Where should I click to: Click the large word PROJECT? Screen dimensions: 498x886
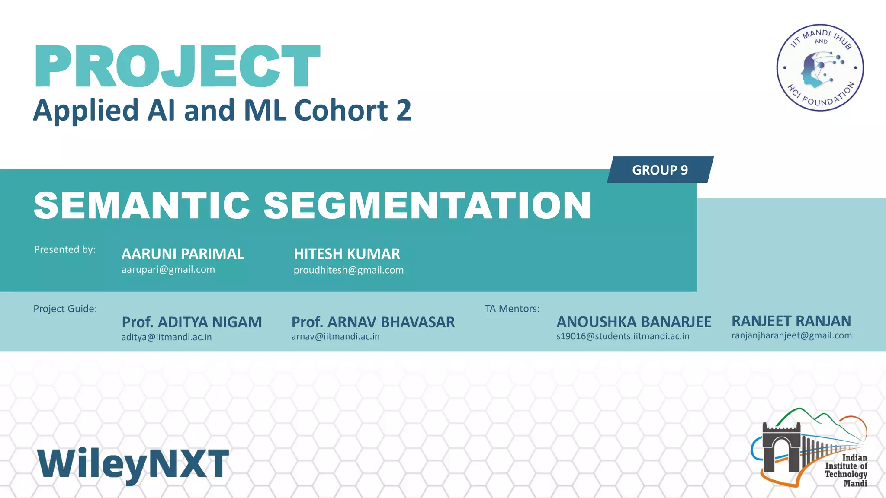177,67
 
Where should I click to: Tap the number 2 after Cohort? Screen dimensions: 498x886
403,110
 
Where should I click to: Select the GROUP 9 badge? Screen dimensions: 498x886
660,170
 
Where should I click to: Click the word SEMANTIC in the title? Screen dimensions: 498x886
142,205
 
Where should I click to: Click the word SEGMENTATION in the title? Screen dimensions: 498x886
427,205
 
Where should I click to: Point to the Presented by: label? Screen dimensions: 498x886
65,249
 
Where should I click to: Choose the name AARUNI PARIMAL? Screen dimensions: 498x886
183,254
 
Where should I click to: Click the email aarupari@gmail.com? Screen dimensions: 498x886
168,270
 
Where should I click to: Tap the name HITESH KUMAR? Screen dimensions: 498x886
347,254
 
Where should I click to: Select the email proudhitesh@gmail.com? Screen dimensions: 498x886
348,270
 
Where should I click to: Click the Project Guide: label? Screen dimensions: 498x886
65,309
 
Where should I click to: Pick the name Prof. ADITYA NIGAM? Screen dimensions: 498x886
192,322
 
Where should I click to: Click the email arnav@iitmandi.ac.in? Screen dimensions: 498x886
335,337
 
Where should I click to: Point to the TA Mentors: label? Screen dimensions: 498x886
512,309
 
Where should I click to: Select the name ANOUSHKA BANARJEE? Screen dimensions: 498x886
634,322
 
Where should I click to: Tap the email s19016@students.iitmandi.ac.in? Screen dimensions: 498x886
623,336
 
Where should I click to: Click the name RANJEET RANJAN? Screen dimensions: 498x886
791,321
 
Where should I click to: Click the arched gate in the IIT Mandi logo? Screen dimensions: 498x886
781,450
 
